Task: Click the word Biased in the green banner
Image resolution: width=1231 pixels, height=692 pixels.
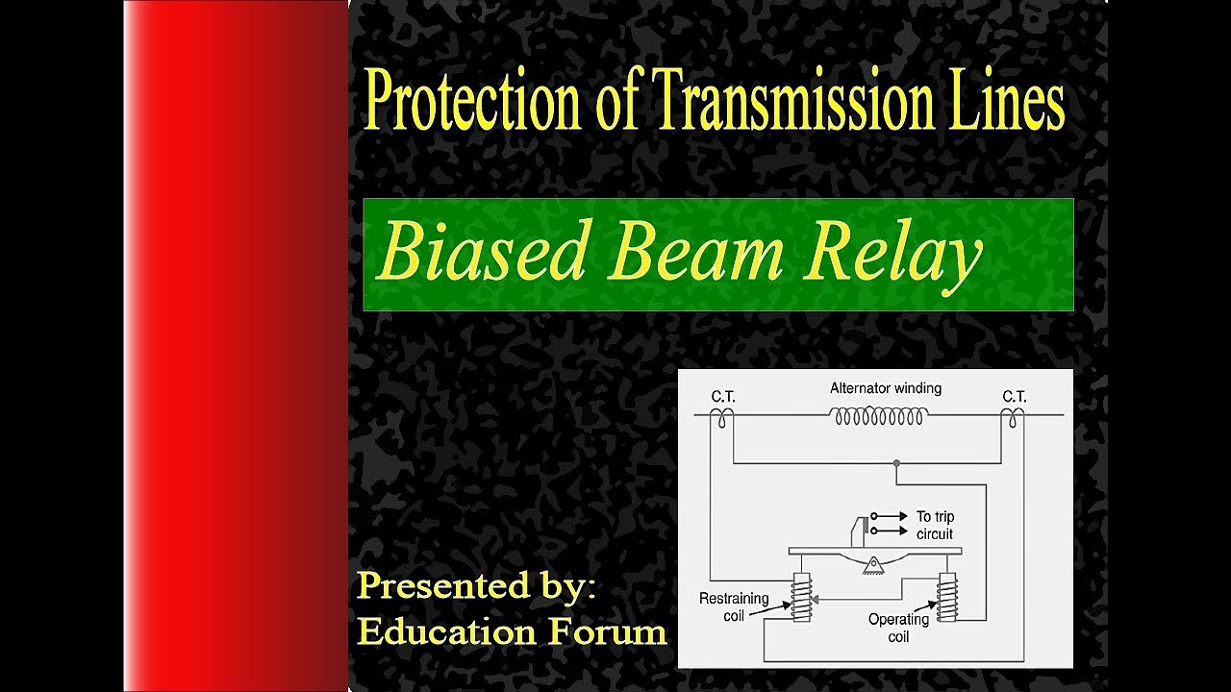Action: click(482, 253)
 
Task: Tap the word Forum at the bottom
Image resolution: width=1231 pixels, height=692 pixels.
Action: click(609, 631)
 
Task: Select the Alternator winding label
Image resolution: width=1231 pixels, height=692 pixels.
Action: click(885, 389)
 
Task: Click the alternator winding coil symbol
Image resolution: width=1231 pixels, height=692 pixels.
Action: click(879, 417)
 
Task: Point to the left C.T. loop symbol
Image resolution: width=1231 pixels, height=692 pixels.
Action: click(721, 417)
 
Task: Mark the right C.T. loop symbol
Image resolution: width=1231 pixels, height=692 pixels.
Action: click(1013, 417)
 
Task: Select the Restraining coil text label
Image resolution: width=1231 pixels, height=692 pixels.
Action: click(734, 606)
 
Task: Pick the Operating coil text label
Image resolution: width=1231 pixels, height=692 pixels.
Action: click(898, 628)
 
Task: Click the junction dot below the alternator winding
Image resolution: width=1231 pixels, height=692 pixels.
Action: click(896, 463)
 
